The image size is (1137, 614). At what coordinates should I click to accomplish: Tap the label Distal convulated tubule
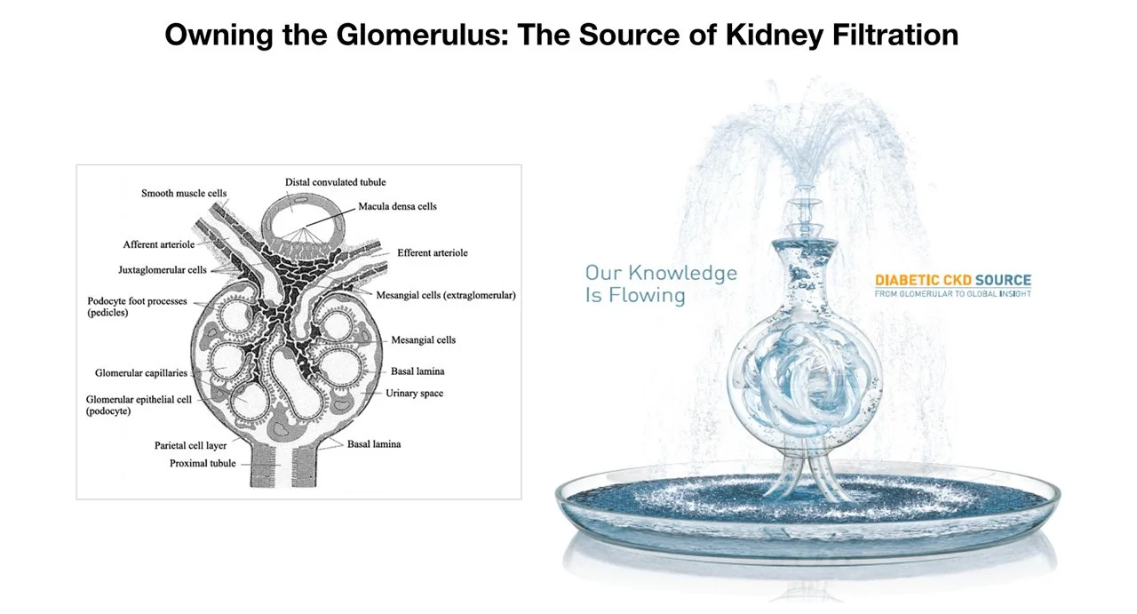(335, 182)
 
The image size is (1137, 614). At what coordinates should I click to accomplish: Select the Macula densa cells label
(397, 206)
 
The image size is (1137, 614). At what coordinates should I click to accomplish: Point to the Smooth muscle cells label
(184, 193)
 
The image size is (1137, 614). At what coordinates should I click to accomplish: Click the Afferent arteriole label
(159, 244)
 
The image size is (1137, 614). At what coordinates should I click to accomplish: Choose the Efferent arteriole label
(433, 252)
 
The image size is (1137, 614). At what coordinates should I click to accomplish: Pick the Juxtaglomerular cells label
(163, 269)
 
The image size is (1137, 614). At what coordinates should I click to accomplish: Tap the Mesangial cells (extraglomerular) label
(446, 295)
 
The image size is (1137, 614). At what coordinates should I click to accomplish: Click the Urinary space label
(414, 393)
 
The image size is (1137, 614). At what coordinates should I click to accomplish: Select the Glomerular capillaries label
(141, 373)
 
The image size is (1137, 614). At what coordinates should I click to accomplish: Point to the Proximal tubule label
(203, 463)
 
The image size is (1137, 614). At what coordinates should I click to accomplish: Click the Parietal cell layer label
(190, 445)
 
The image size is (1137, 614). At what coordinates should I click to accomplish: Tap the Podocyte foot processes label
(137, 307)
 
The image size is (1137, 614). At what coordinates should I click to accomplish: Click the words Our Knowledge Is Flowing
(661, 283)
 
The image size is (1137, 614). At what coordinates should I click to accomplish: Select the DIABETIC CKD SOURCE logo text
(953, 280)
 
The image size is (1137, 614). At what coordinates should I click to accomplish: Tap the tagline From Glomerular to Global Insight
(953, 293)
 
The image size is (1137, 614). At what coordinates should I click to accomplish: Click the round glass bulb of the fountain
(804, 382)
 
